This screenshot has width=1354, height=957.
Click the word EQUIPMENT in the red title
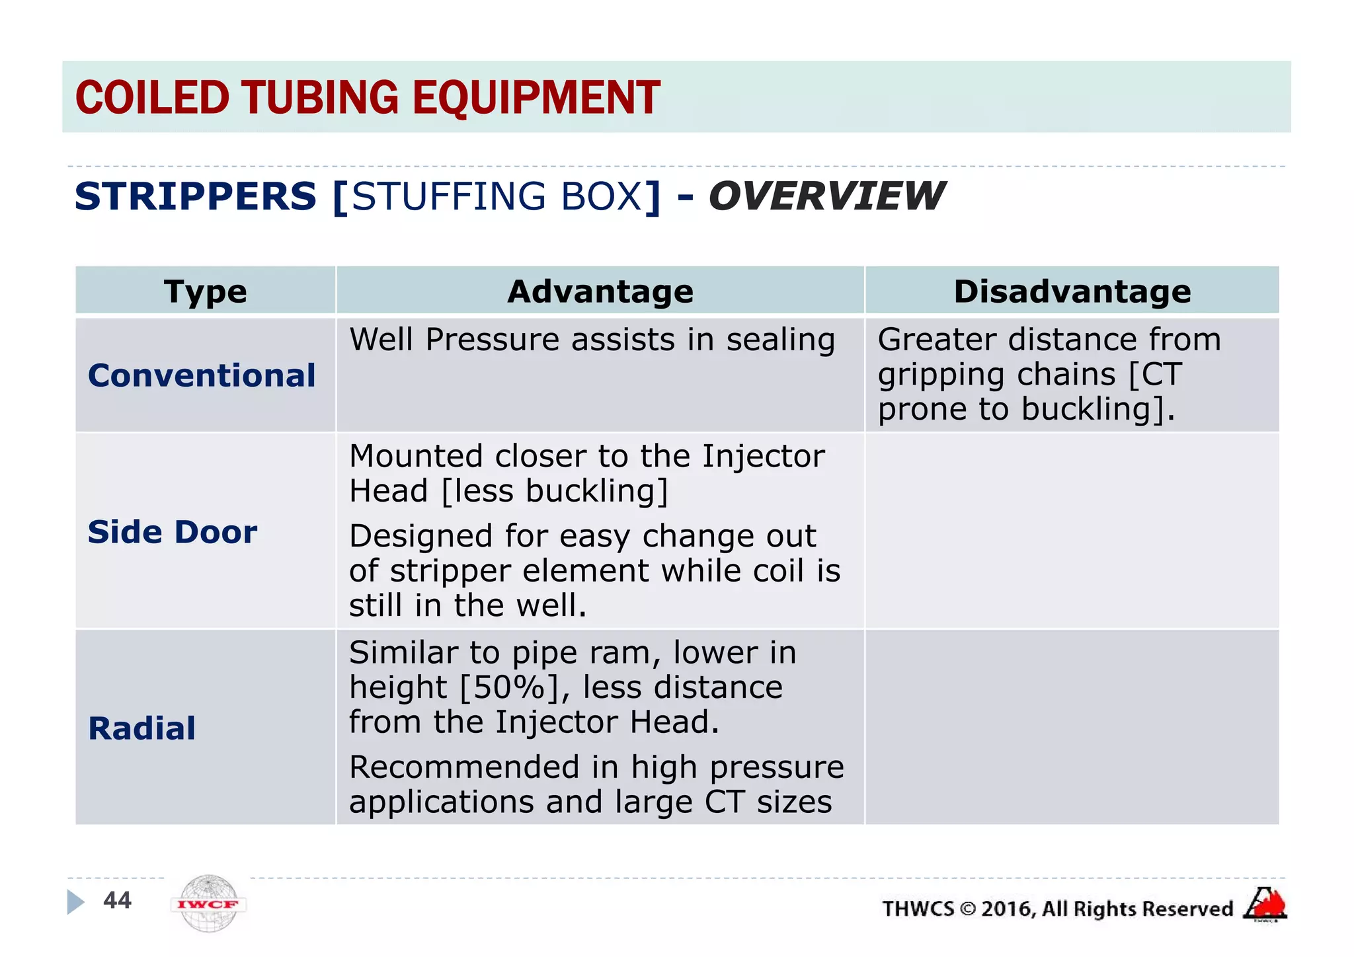(x=536, y=98)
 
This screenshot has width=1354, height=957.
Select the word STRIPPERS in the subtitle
(x=196, y=196)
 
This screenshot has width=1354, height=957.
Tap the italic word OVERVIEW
(x=826, y=196)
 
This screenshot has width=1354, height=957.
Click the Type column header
(x=206, y=291)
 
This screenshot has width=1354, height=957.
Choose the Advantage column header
(x=600, y=291)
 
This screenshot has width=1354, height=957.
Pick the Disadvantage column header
(x=1072, y=291)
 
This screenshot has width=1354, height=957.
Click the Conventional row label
(x=202, y=375)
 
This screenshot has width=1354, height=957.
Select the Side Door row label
(x=173, y=532)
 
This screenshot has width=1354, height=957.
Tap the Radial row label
(x=142, y=728)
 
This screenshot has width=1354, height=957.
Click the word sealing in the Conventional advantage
(x=781, y=340)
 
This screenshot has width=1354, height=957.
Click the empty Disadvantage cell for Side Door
(x=1072, y=531)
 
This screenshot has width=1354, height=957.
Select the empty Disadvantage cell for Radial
(x=1072, y=727)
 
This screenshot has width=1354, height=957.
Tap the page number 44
(x=118, y=900)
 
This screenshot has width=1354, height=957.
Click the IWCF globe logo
(x=208, y=903)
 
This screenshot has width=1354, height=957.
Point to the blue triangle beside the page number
(x=75, y=901)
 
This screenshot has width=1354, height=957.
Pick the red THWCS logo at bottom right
(x=1265, y=904)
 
